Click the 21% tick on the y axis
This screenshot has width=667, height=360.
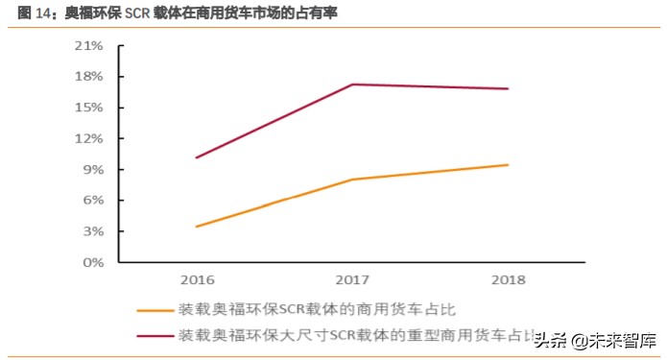point(89,45)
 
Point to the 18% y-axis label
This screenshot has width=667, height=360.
point(89,76)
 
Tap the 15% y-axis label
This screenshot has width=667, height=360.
point(89,107)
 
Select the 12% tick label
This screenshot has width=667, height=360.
point(89,138)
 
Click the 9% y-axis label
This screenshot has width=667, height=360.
point(93,169)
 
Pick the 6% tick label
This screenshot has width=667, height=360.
point(93,200)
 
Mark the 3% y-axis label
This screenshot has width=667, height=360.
point(93,231)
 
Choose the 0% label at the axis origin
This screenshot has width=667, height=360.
point(93,262)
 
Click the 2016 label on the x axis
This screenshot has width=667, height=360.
point(196,281)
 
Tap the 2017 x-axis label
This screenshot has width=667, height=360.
point(351,281)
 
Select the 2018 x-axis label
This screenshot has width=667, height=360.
point(508,281)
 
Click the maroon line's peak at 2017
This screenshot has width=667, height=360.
point(352,84)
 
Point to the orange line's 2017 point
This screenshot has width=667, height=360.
point(352,180)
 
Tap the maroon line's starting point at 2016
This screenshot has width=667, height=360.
point(196,157)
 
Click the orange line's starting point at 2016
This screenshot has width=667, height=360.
point(196,227)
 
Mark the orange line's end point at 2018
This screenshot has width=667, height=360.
point(508,165)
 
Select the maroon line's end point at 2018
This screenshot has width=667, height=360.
point(508,89)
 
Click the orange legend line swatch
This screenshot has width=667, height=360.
point(155,310)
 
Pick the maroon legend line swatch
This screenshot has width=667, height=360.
point(155,336)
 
